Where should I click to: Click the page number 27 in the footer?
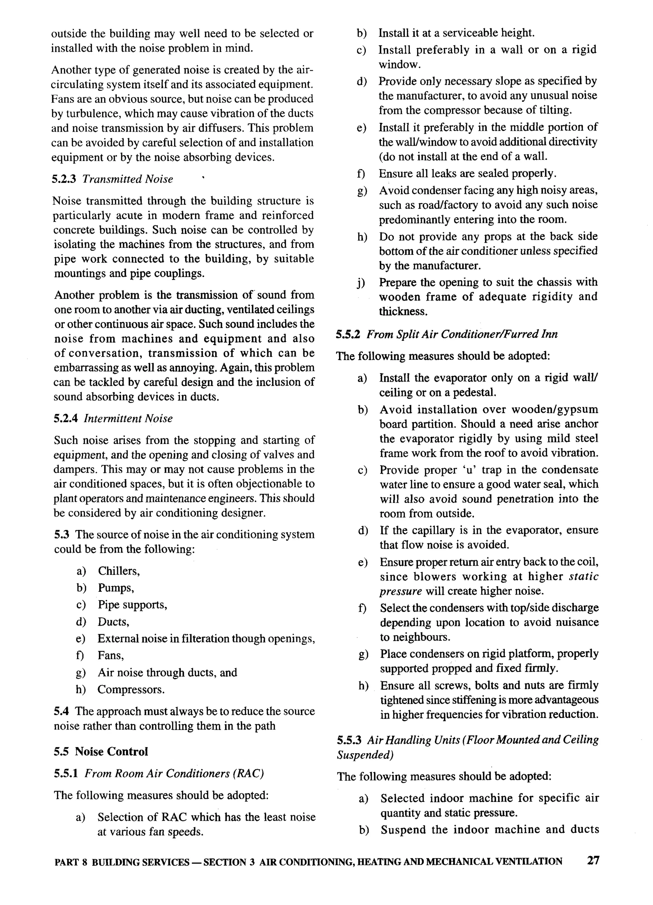click(x=593, y=860)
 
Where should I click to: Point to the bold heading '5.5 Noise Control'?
click(x=101, y=751)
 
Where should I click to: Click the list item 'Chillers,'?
click(x=119, y=571)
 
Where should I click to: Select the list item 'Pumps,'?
click(x=116, y=588)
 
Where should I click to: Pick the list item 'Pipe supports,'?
click(x=132, y=605)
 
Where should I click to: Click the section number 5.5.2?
click(x=348, y=334)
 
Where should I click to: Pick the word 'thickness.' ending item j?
click(x=403, y=311)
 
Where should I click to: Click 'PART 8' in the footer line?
click(x=70, y=862)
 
